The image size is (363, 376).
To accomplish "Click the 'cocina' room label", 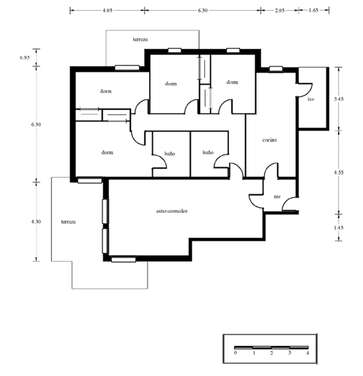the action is pos(270,140).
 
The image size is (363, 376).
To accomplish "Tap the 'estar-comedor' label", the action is pos(172,211).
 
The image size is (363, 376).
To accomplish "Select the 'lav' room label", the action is pos(311,99).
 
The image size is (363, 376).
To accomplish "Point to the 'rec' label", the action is pos(277,197).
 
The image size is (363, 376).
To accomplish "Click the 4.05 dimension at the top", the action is pos(107,11).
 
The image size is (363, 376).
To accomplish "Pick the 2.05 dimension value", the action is pos(280,11).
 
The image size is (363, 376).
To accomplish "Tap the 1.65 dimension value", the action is pos(313,10).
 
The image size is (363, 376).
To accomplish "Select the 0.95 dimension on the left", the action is pos(24,58).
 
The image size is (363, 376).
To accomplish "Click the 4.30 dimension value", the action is pos(36,222).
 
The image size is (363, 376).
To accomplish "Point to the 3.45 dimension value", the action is pos(339,99).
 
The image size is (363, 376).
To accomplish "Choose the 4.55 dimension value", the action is pos(339,172).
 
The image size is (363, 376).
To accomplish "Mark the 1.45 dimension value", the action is pos(339,227).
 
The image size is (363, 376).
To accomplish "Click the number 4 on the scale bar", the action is pos(308,353).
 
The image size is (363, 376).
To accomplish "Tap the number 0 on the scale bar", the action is pos(235,352).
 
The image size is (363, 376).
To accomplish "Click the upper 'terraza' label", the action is pos(140,39).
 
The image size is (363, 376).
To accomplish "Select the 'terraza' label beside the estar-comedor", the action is pos(68,222).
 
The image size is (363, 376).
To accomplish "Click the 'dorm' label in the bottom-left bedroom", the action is pos(107,152).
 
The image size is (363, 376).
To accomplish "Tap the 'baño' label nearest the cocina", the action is pos(208,152).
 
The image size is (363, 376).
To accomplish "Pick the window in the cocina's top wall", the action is pos(276,69).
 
